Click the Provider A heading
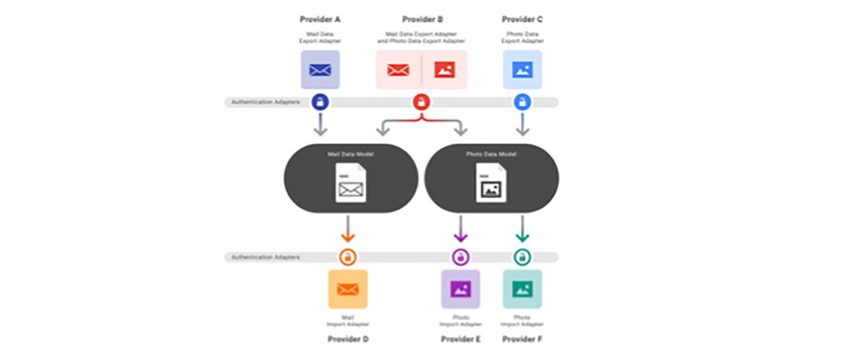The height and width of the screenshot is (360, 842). tap(320, 18)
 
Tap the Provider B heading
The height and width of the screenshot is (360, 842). tap(421, 18)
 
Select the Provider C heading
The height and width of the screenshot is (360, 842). tap(522, 18)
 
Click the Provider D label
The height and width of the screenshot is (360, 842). tap(349, 339)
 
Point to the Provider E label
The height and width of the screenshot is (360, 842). tap(460, 339)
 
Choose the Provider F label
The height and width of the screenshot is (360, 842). tap(522, 339)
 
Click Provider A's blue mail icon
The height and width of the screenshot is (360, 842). tap(320, 69)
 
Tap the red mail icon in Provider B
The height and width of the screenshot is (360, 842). tap(398, 69)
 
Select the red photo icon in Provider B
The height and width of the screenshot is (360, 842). tap(444, 69)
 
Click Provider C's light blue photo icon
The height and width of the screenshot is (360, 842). tap(522, 69)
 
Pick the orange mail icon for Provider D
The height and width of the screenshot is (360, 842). tap(348, 289)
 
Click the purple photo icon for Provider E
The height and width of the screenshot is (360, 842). tap(460, 289)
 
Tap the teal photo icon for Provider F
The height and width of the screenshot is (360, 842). tap(522, 289)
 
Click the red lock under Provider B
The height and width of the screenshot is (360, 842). tap(421, 102)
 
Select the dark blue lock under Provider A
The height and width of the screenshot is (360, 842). tap(320, 102)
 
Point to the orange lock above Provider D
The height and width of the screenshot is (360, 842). tap(348, 257)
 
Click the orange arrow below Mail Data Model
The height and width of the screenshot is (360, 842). tap(348, 228)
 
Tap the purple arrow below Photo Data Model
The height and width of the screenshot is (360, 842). tap(460, 228)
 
